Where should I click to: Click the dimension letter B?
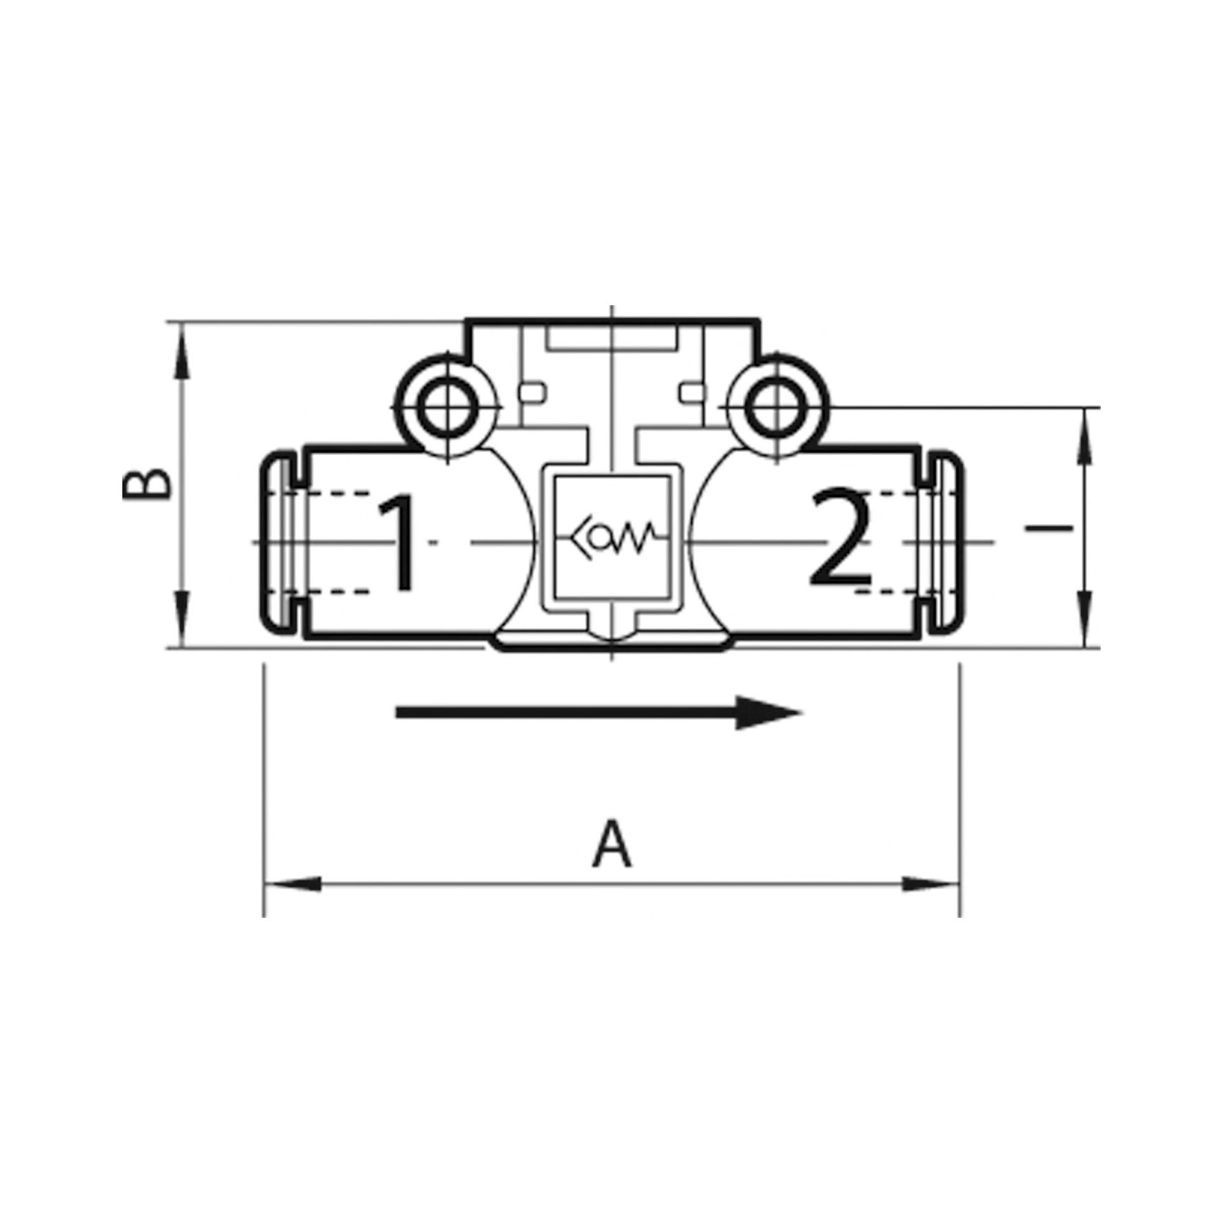point(147,484)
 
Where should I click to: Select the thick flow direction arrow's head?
point(768,712)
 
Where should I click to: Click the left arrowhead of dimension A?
point(292,884)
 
